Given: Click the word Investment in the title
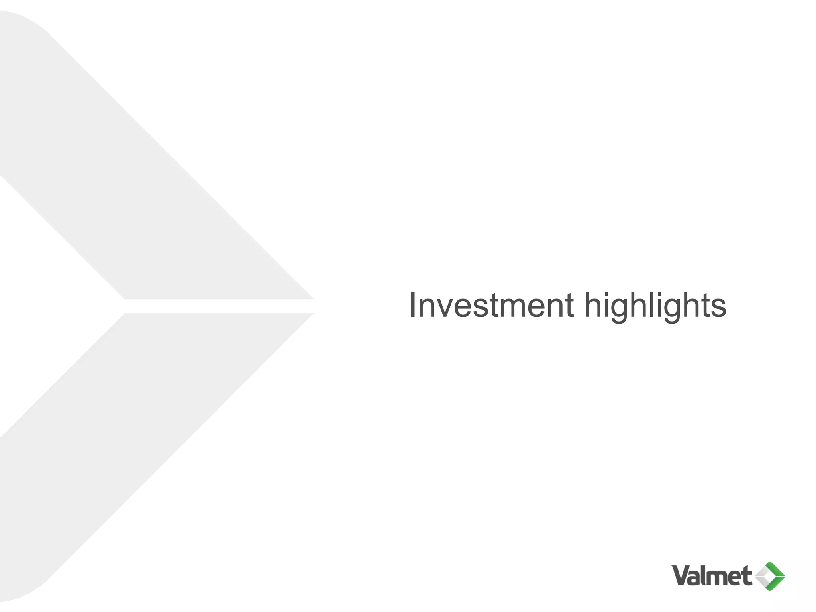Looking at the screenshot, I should pos(491,306).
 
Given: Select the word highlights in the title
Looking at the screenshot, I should pos(655,307).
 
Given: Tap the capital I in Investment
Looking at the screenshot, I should pos(413,306).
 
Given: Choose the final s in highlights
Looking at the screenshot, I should pos(718,309).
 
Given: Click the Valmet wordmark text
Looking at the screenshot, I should pos(712,576).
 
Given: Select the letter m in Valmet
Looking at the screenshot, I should pos(717,578).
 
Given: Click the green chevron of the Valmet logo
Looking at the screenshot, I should pos(777,576).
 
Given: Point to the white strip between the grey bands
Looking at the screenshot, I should pos(219,306).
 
